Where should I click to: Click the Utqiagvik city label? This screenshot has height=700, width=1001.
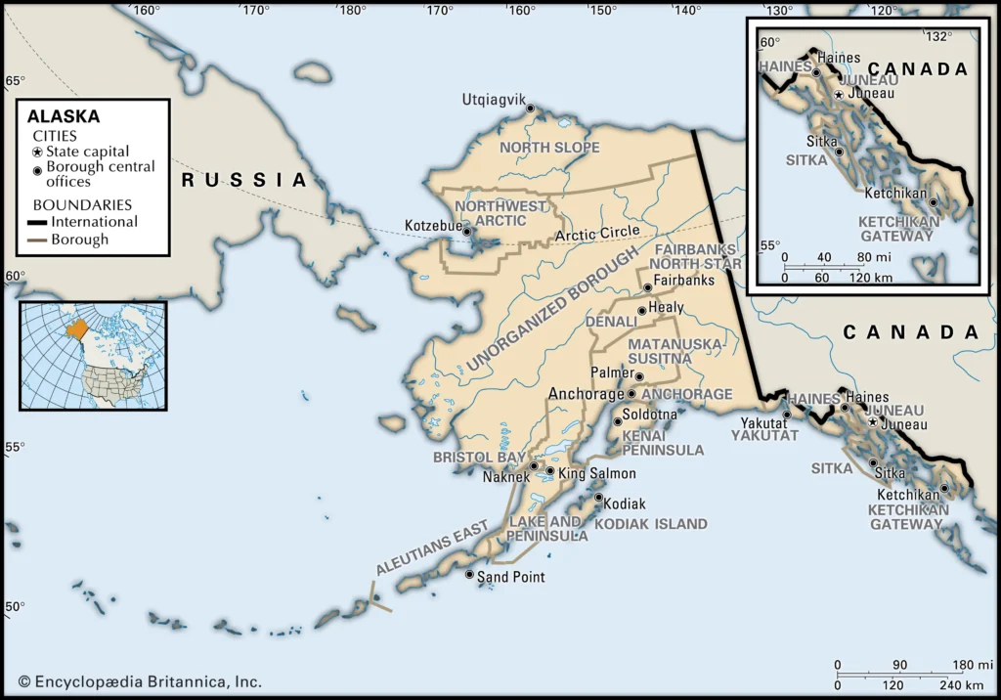pyautogui.click(x=494, y=100)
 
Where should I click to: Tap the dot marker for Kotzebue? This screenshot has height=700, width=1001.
pyautogui.click(x=467, y=232)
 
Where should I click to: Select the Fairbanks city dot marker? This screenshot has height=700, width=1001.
pyautogui.click(x=647, y=287)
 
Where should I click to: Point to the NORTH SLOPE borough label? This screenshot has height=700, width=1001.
pyautogui.click(x=549, y=148)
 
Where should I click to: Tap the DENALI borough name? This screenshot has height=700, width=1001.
pyautogui.click(x=610, y=321)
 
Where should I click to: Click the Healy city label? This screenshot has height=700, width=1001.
pyautogui.click(x=667, y=307)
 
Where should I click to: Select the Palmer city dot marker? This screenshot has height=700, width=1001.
pyautogui.click(x=639, y=376)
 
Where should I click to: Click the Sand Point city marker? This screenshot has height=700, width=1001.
pyautogui.click(x=469, y=575)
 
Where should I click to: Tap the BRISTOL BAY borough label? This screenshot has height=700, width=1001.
pyautogui.click(x=479, y=458)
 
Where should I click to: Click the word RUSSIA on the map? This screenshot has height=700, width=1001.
pyautogui.click(x=244, y=180)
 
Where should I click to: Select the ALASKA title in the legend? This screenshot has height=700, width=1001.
pyautogui.click(x=64, y=115)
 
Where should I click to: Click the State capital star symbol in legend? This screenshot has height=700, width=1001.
pyautogui.click(x=37, y=152)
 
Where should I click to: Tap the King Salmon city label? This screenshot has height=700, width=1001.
pyautogui.click(x=596, y=473)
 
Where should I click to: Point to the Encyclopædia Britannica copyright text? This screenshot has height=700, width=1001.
pyautogui.click(x=139, y=681)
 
